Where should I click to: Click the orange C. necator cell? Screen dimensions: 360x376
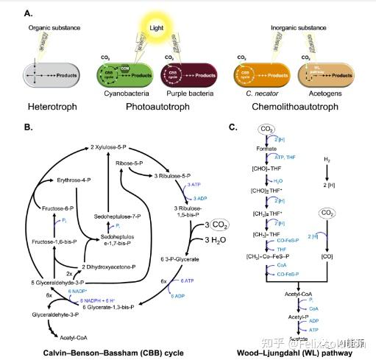pyautogui.click(x=260, y=76)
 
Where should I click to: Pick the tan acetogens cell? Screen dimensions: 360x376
pyautogui.click(x=324, y=76)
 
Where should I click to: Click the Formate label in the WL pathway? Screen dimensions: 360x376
pyautogui.click(x=267, y=149)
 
